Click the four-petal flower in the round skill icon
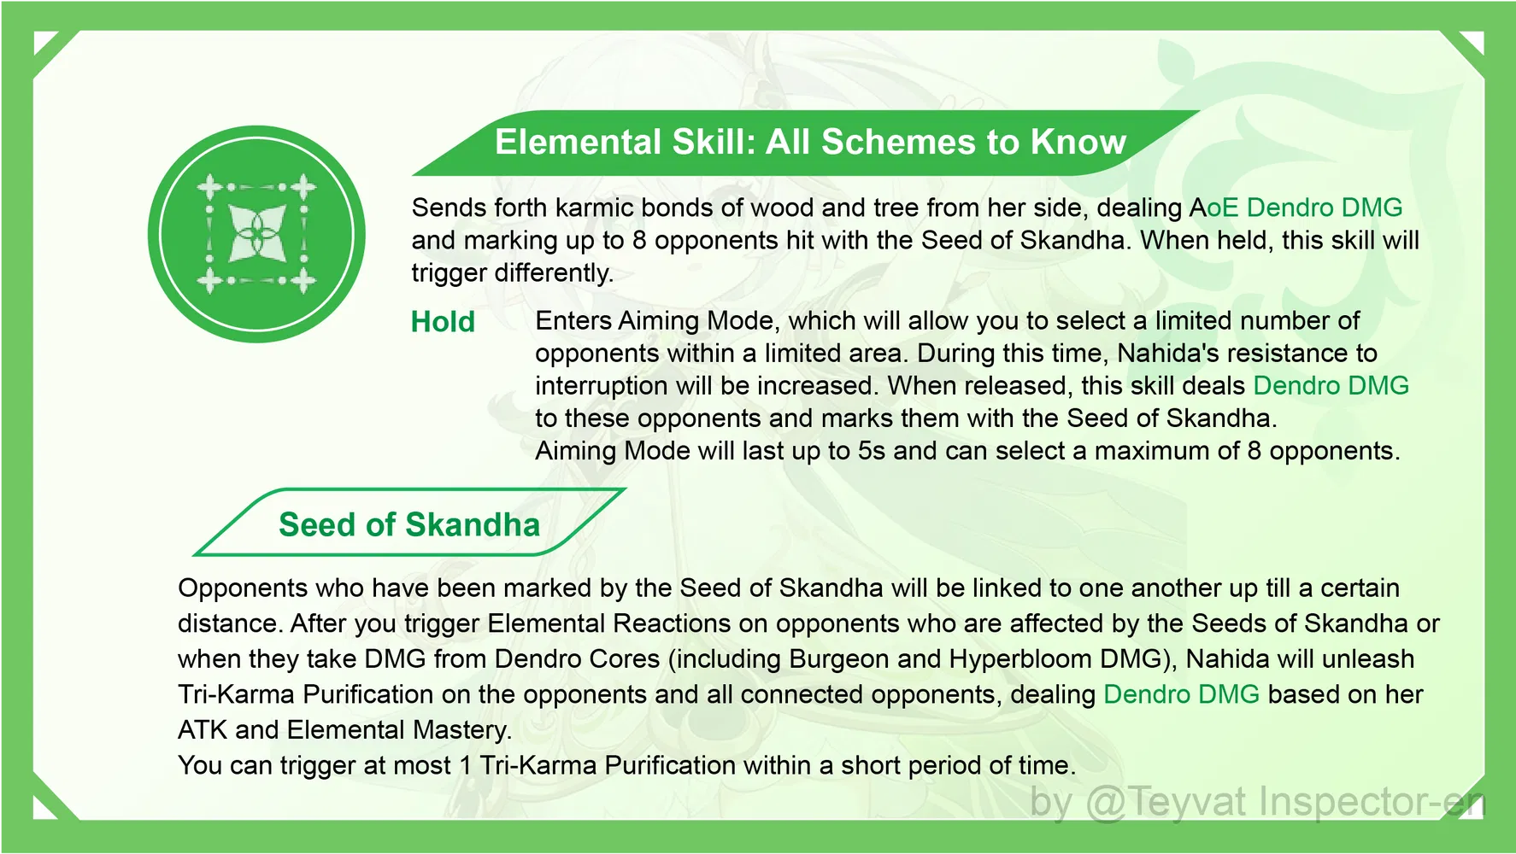(256, 233)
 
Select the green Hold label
(443, 322)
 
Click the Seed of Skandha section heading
(409, 524)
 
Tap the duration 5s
(872, 450)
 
